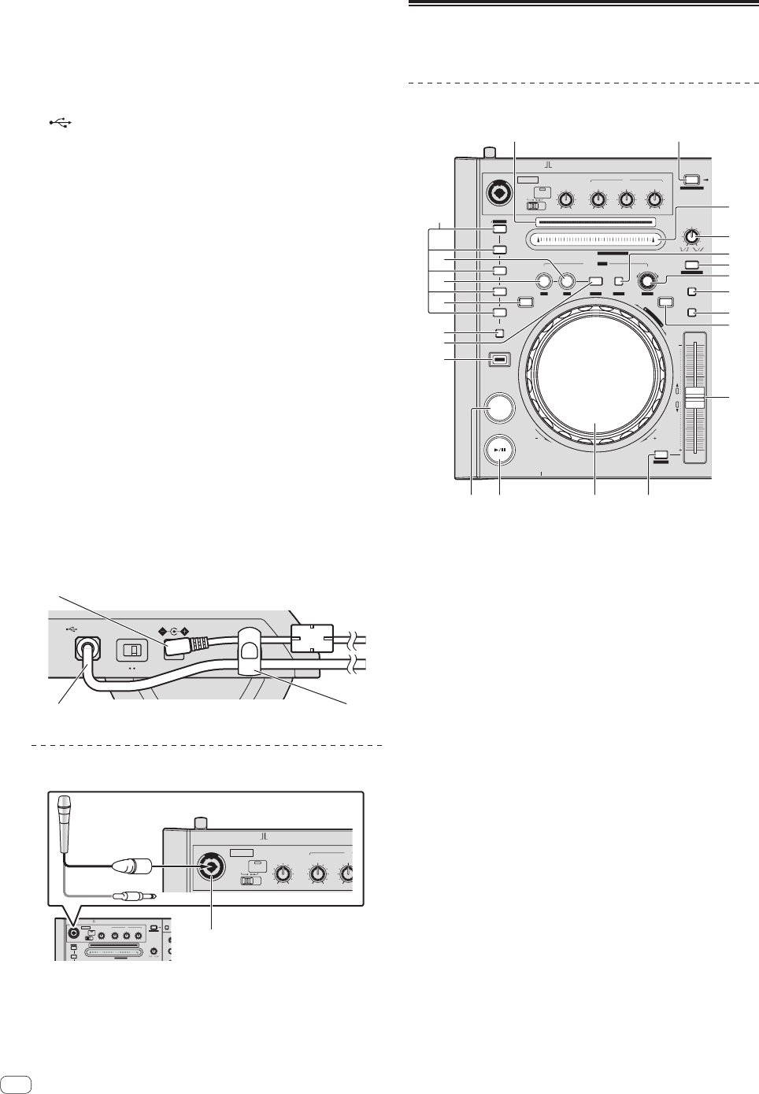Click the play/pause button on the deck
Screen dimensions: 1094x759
[499, 452]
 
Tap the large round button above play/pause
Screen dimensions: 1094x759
[499, 407]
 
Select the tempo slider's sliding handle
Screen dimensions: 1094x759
[693, 398]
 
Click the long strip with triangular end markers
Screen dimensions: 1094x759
[594, 239]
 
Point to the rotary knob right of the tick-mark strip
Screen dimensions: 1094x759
[691, 236]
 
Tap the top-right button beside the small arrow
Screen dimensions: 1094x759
[691, 180]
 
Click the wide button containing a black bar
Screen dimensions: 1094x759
[499, 360]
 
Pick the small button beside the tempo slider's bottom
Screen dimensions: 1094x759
[661, 454]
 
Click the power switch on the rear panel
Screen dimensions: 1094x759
[131, 651]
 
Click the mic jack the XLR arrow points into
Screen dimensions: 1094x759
[211, 866]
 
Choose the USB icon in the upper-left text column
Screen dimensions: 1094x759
[63, 123]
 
